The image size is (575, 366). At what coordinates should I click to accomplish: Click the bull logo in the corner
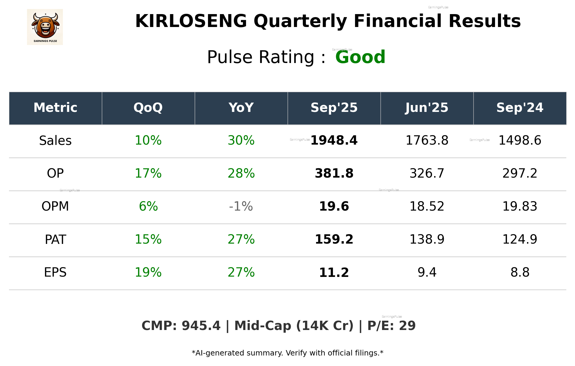pos(45,27)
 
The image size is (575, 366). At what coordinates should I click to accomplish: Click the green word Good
pos(360,57)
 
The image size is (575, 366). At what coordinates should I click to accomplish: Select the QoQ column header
pos(148,108)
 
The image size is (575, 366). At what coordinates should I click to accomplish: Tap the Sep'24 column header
pos(520,108)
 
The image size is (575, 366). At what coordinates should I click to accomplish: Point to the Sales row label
pos(55,141)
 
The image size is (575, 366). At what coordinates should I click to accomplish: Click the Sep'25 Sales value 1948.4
pos(334,140)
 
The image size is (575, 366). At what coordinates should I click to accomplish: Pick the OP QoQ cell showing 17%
pos(148,173)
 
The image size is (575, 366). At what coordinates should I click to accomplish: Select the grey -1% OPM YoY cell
pos(241,206)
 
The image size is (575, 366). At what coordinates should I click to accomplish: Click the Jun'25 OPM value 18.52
pos(427,206)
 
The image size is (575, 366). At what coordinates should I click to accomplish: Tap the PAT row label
pos(55,240)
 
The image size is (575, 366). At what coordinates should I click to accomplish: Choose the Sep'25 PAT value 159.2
pos(334,239)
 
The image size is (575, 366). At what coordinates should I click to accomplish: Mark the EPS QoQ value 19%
pos(148,272)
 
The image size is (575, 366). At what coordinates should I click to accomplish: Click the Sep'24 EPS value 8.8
pos(520,272)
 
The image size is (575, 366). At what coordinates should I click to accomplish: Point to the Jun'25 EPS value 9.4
pos(427,272)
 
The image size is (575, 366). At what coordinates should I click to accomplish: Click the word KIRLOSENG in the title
pos(191,21)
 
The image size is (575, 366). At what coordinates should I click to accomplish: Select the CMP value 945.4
pos(201,326)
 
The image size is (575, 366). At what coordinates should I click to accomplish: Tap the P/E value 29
pos(407,326)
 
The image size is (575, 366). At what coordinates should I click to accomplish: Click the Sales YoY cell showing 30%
pos(241,140)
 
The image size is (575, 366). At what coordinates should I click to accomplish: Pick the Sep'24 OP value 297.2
pos(520,173)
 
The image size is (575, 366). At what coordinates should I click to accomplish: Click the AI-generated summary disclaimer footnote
pos(287,353)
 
